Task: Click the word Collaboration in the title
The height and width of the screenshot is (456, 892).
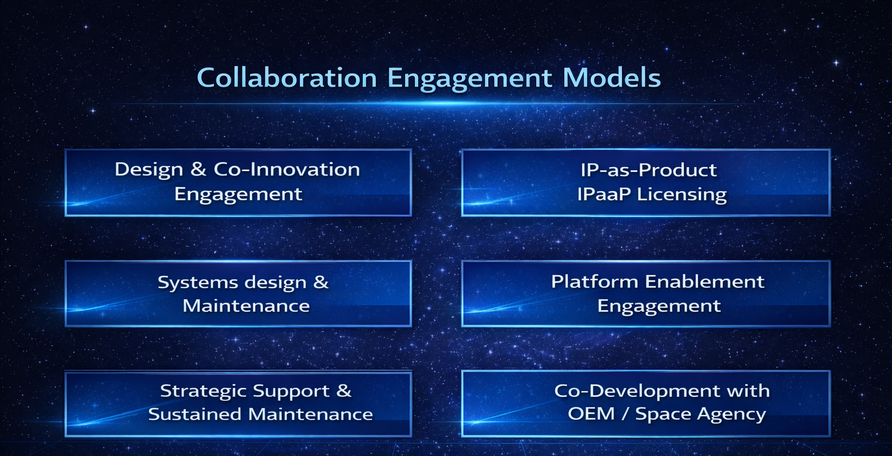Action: [x=287, y=78]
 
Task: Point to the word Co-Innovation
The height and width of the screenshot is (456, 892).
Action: [x=287, y=170]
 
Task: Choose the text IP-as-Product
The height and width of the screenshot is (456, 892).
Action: [x=648, y=170]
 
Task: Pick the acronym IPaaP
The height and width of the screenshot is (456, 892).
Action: [x=604, y=194]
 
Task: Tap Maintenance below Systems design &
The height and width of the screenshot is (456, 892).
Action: [x=246, y=306]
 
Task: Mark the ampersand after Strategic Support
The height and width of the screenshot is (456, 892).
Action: [x=344, y=391]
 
